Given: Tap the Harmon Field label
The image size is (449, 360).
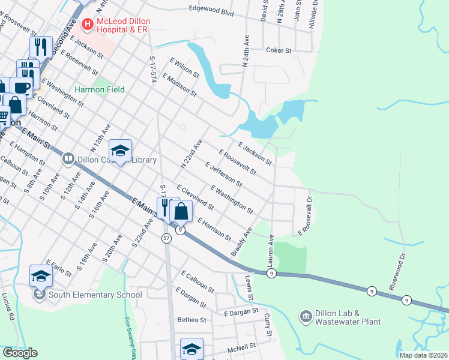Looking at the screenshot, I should click(100, 89).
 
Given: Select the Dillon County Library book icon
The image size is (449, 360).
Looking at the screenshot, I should click(68, 160).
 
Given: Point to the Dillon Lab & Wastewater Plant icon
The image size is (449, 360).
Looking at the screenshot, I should click(306, 316).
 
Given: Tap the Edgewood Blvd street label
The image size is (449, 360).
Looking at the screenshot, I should click(210, 10).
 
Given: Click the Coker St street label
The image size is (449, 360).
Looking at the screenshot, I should click(279, 51).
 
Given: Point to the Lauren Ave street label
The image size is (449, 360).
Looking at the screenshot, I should click(271, 250).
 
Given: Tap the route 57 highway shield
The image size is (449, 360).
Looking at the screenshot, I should click(166, 238).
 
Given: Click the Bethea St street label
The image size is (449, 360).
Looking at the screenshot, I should click(191, 320).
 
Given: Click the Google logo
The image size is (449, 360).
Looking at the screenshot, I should click(19, 353).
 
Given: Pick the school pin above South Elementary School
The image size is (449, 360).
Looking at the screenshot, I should click(41, 275).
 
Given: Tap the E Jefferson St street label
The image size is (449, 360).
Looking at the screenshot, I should click(223, 174).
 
